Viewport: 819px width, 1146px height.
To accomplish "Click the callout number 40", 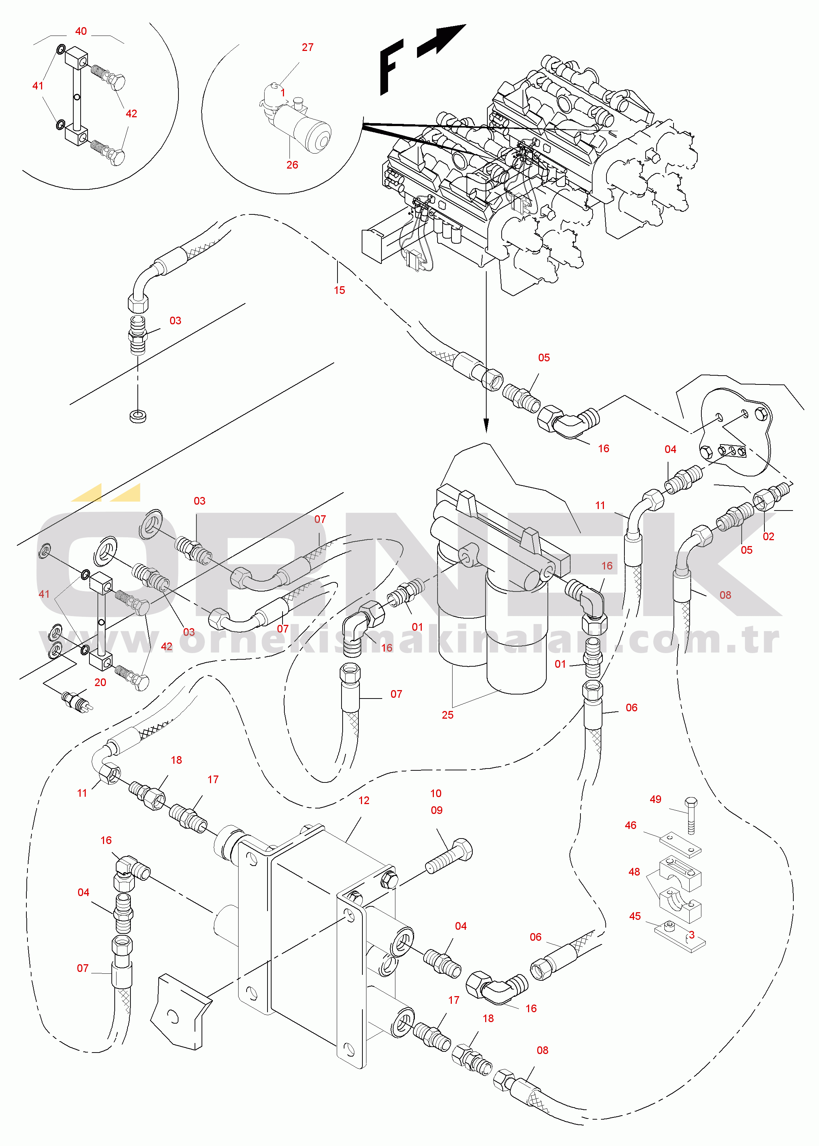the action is point(81,31).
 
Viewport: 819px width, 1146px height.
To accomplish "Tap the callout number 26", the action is point(292,165).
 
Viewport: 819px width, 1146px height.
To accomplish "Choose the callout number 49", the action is point(656,799).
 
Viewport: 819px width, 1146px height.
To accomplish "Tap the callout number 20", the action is point(100,682).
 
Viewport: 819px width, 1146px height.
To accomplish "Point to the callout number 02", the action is point(768,537).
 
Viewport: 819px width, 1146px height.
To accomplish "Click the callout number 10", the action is point(436,793).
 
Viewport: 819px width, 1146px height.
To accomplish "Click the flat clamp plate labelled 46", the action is point(680,845).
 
